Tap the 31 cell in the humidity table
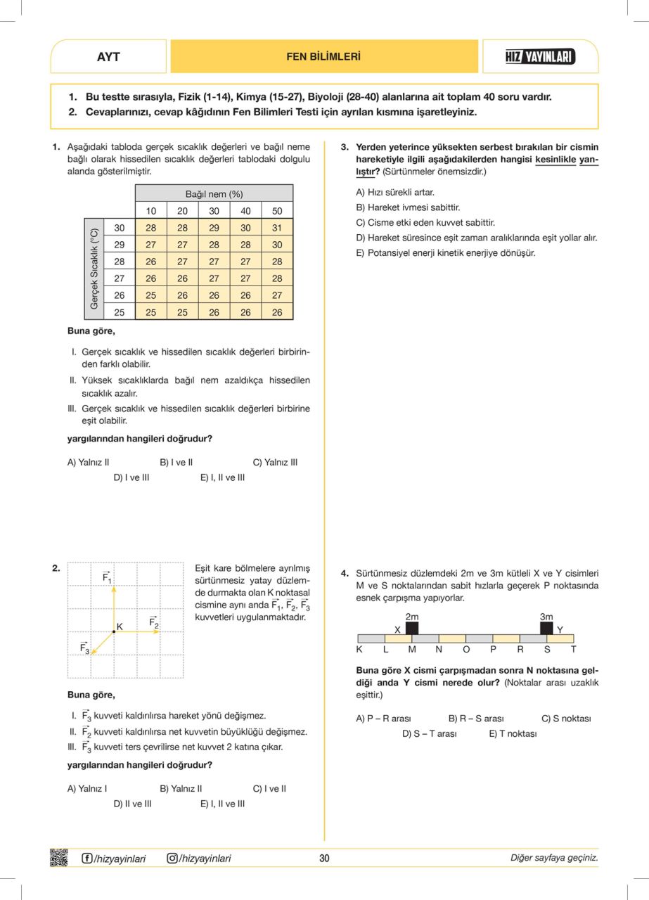coord(277,228)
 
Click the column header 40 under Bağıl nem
coord(245,211)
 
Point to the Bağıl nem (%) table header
coord(214,193)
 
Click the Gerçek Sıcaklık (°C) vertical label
coord(93,269)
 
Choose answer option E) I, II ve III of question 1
coord(222,477)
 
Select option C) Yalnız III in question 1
coord(275,463)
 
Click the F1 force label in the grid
coord(108,577)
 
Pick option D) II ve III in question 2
coord(132,803)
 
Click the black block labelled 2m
coord(412,628)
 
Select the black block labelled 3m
coord(546,628)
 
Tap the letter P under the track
coord(493,650)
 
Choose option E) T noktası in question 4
coord(513,733)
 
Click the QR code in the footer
coord(59,858)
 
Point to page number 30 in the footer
coord(324,858)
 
